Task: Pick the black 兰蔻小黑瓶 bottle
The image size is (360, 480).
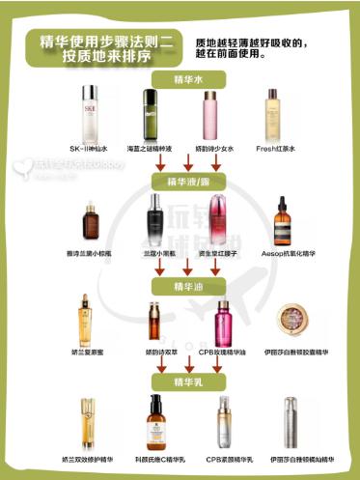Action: pos(155,218)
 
